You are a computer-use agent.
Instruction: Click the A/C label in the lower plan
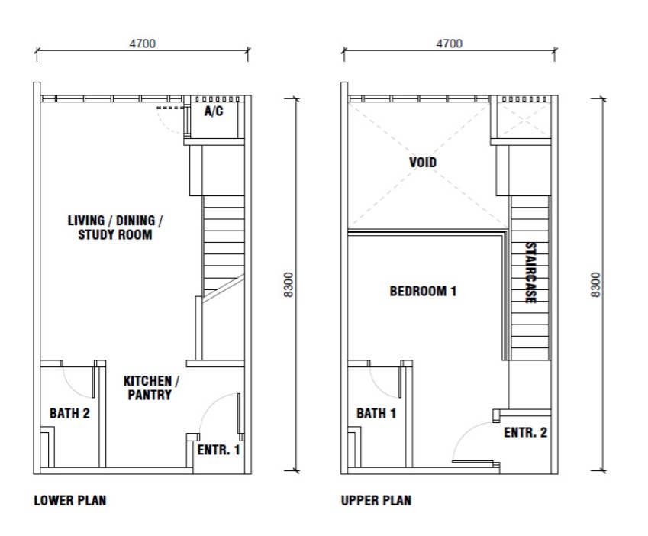coord(214,111)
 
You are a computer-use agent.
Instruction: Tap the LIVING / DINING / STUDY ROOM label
coord(115,228)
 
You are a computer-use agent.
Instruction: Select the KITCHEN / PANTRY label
coord(151,388)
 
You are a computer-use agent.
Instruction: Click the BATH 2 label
coord(69,413)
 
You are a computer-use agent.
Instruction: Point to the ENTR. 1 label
coord(218,450)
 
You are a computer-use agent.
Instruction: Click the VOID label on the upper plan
coord(423,162)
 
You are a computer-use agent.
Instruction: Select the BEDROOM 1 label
coord(423,292)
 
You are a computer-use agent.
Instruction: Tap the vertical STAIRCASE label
coord(530,273)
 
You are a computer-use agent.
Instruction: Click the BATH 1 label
coord(376,413)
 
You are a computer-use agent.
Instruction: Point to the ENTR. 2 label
coord(525,433)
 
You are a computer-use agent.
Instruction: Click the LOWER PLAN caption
coord(70,500)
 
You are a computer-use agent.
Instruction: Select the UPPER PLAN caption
coord(376,500)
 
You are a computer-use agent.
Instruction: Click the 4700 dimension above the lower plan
coord(143,44)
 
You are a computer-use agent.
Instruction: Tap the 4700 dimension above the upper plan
coord(450,44)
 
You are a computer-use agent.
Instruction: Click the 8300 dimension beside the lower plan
coord(289,284)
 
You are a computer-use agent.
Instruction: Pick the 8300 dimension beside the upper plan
coord(595,284)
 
